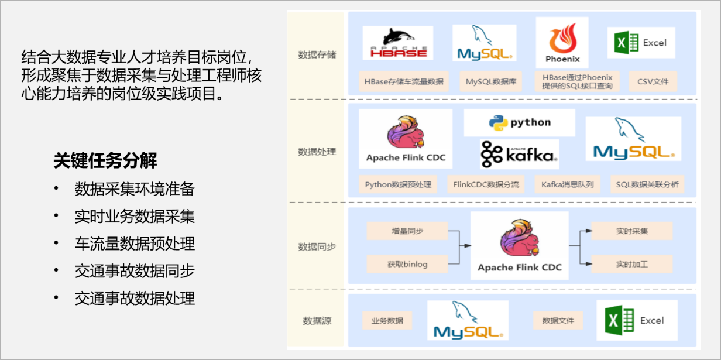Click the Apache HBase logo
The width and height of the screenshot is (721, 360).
point(397,43)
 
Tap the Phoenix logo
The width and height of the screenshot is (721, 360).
point(562,43)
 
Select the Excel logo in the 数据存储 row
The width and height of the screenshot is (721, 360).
point(641,43)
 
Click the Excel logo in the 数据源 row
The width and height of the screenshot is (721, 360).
point(637,320)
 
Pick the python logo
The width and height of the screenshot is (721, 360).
point(519,122)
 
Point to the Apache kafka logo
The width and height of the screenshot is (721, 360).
point(519,154)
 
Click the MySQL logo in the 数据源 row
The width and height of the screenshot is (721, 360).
point(468,320)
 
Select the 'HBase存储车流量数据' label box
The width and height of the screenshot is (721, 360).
point(403,81)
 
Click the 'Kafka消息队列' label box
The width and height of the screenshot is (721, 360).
point(567,184)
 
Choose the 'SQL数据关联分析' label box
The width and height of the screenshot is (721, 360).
point(647,184)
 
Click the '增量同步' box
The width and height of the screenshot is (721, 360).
point(407,231)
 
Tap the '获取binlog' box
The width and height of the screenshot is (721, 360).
point(407,264)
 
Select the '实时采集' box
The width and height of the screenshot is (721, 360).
point(631,231)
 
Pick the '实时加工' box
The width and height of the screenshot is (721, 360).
point(631,264)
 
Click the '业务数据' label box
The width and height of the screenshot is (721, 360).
point(387,321)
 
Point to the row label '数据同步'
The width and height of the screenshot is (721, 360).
point(317,246)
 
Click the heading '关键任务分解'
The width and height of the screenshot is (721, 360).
point(105,160)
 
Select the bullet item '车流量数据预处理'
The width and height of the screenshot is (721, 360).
point(135,244)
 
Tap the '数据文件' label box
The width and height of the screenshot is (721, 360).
point(558,321)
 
